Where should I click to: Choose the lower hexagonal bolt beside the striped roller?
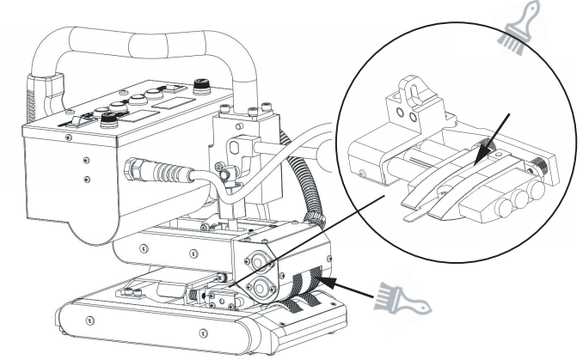(258, 286)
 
